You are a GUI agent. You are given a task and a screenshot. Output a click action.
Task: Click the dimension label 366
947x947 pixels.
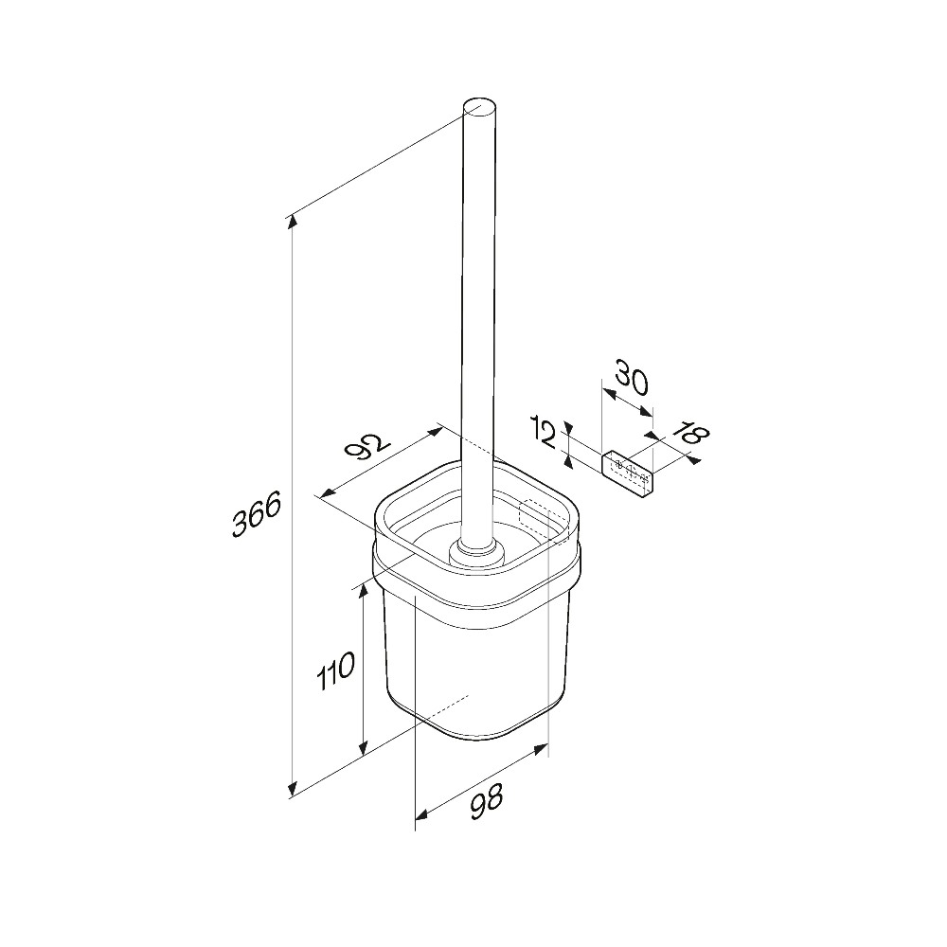(257, 513)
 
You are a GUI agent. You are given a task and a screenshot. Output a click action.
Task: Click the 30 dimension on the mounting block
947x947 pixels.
(633, 380)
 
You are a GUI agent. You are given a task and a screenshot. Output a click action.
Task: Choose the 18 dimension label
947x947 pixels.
(690, 432)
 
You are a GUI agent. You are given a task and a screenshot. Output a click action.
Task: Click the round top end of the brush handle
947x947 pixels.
(480, 111)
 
